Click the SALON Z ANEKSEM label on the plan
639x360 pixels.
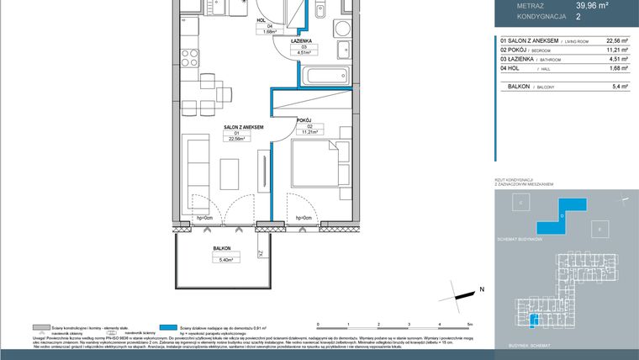244,127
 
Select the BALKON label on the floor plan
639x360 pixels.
222,249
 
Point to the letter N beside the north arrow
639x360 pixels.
482,289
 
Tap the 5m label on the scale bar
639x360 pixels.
471,323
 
